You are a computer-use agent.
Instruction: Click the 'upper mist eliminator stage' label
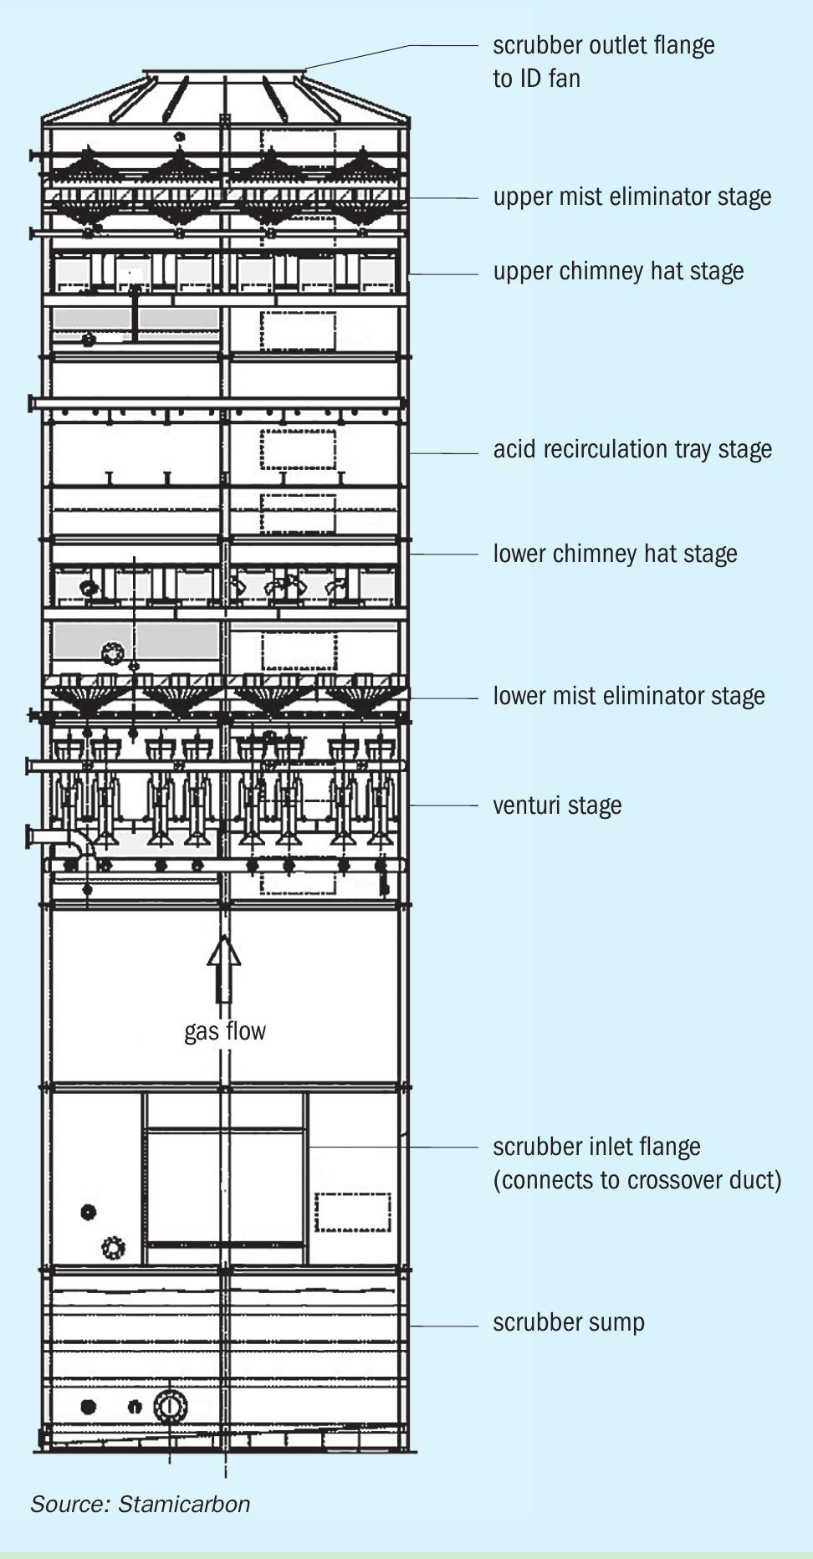(x=631, y=197)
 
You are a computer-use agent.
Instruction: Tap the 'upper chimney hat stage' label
(x=618, y=272)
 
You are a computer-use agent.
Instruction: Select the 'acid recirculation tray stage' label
(x=632, y=450)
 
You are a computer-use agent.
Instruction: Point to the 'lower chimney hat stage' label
(x=615, y=555)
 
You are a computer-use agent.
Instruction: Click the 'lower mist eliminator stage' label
(x=628, y=696)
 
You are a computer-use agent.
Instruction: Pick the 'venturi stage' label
(x=557, y=805)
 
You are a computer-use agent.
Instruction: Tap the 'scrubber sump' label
(x=569, y=1322)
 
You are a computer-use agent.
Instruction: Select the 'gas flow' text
(x=225, y=1031)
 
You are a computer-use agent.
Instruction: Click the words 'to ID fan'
(x=536, y=79)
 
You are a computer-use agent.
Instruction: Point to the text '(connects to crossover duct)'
(x=637, y=1180)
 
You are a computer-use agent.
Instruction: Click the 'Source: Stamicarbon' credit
(x=141, y=1504)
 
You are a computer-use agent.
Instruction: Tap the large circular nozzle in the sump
(x=170, y=1408)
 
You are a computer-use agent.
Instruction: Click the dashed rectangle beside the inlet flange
(x=353, y=1212)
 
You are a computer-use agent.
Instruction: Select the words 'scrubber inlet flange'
(x=596, y=1147)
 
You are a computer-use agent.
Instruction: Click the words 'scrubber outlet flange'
(x=604, y=45)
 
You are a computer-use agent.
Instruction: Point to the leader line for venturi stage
(x=443, y=805)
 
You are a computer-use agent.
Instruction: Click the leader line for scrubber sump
(x=443, y=1326)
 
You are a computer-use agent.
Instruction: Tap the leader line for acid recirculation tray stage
(x=443, y=453)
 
